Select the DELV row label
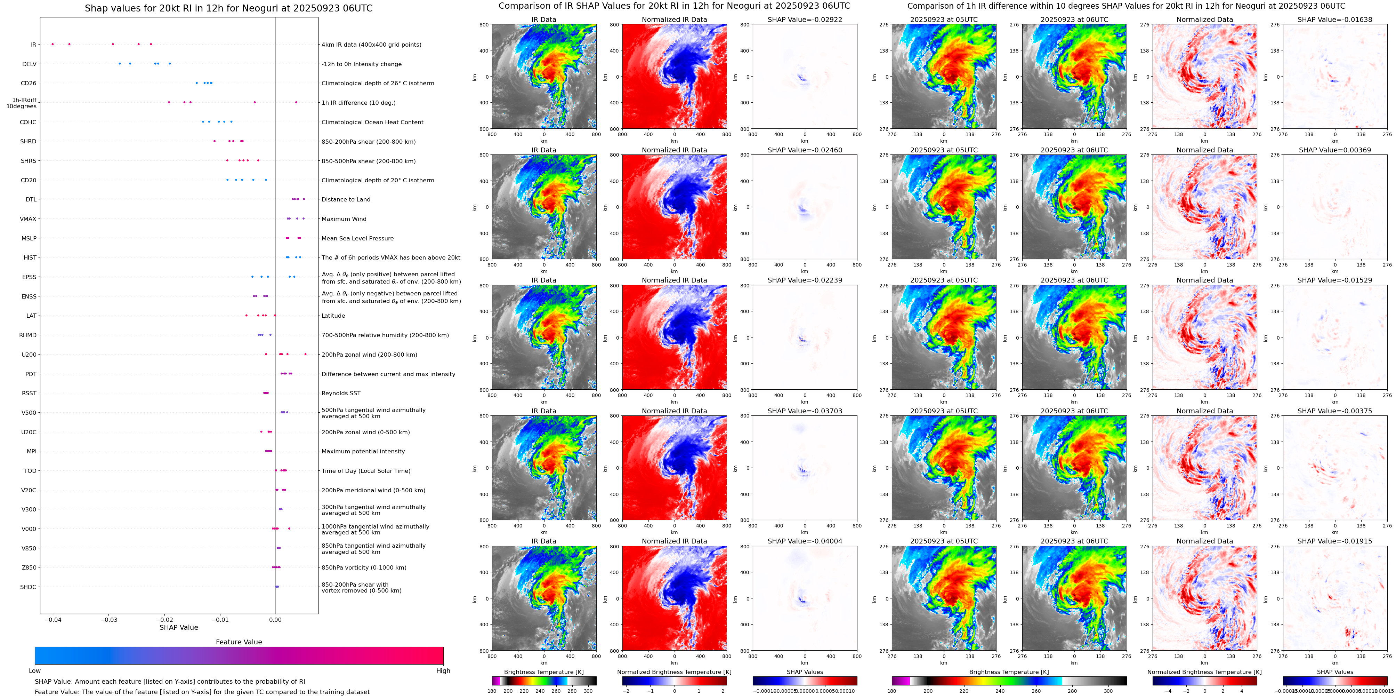[29, 64]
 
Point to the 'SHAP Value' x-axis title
[179, 627]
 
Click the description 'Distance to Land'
[346, 200]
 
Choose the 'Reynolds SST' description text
[341, 393]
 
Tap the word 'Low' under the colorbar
[35, 671]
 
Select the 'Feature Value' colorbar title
[239, 642]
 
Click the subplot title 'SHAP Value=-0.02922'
[805, 19]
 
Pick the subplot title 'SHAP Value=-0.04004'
[805, 541]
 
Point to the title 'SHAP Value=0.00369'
[1335, 150]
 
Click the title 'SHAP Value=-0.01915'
[1335, 541]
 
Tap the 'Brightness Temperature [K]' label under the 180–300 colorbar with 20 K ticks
[543, 672]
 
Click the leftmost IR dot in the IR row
[53, 44]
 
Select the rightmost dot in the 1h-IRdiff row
[296, 102]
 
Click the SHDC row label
[28, 587]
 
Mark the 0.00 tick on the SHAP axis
[275, 619]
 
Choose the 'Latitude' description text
[333, 316]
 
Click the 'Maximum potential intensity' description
[363, 451]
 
